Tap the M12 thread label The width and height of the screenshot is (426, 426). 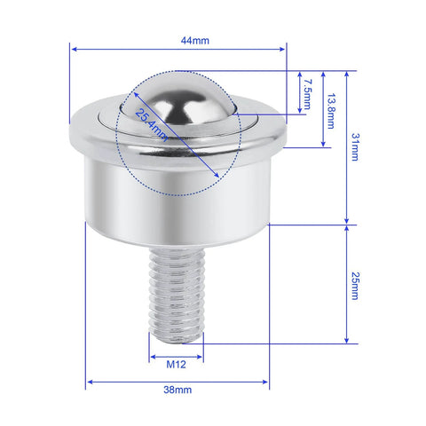pos(177,363)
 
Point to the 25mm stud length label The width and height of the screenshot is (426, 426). pos(354,284)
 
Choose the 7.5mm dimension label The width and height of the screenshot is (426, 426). pos(304,93)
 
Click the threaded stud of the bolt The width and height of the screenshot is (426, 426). pos(176,288)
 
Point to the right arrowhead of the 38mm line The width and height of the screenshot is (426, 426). pos(266,383)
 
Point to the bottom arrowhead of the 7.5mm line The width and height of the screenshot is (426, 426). pos(297,112)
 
